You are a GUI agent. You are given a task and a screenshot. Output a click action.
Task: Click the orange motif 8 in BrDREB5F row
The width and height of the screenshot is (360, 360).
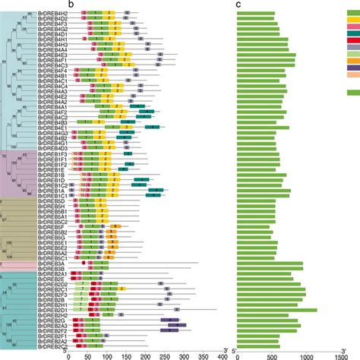[x=115, y=226]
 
